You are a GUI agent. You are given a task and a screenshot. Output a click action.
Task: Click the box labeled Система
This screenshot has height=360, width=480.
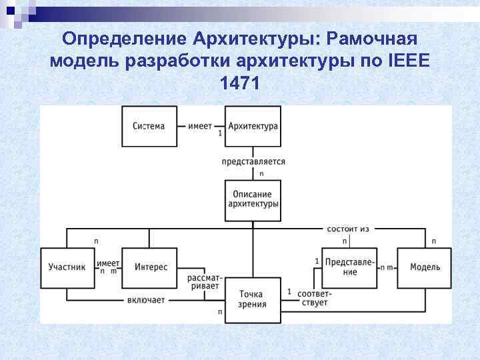tap(149, 126)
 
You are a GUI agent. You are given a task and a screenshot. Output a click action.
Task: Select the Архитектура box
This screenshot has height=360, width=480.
tap(253, 126)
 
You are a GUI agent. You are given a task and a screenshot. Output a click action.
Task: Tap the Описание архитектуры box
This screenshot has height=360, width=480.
tap(253, 199)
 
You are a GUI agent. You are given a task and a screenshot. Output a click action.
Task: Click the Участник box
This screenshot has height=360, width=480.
tap(67, 267)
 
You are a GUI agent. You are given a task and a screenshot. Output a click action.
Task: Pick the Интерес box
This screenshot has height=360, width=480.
tap(151, 267)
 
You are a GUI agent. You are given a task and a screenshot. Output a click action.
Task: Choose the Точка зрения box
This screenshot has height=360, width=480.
tap(253, 299)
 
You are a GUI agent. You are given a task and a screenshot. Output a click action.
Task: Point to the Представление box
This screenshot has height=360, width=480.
tap(350, 267)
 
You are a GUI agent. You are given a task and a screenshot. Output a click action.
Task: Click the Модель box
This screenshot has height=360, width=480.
tap(425, 267)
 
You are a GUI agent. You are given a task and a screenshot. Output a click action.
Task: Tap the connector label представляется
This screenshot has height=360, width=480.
tap(253, 161)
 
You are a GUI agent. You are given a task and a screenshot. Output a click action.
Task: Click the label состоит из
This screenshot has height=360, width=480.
tap(348, 229)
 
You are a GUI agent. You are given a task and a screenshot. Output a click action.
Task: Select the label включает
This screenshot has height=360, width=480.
tap(145, 300)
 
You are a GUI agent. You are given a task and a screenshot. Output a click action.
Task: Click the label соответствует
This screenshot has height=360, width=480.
tap(314, 298)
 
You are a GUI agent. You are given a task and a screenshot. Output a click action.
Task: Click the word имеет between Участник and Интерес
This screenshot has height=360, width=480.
tap(108, 263)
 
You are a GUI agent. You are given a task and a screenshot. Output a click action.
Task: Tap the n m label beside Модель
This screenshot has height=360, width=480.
tap(386, 267)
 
